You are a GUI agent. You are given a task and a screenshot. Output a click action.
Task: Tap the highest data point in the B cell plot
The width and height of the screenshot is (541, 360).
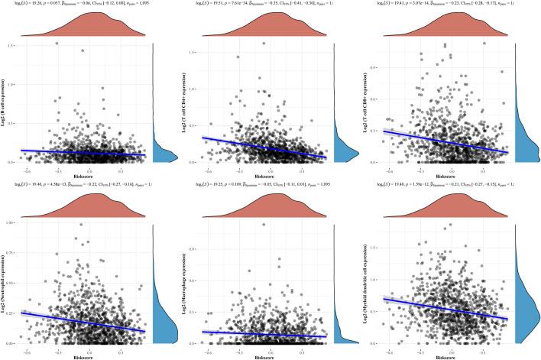57,44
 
